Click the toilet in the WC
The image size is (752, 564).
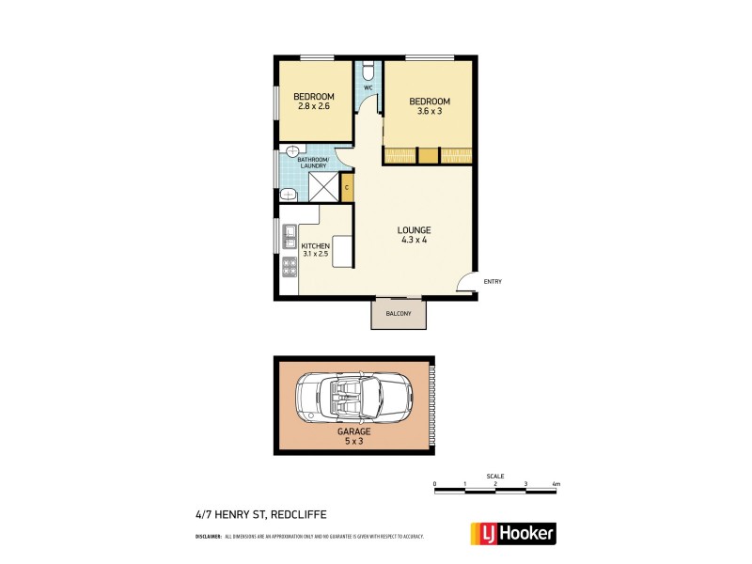(x=369, y=70)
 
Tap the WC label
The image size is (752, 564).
(x=368, y=88)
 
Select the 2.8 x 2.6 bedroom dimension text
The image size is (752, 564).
(x=313, y=107)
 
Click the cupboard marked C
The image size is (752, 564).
(x=347, y=188)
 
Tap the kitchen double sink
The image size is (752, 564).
(x=290, y=237)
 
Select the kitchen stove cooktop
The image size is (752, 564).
(x=290, y=267)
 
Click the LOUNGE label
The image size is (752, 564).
(x=414, y=229)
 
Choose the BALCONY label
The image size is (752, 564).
(x=399, y=314)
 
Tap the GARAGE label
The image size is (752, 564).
(x=354, y=431)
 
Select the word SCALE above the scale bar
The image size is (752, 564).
(x=495, y=476)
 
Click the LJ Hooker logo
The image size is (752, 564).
(x=512, y=533)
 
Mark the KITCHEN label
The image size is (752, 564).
(x=315, y=246)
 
